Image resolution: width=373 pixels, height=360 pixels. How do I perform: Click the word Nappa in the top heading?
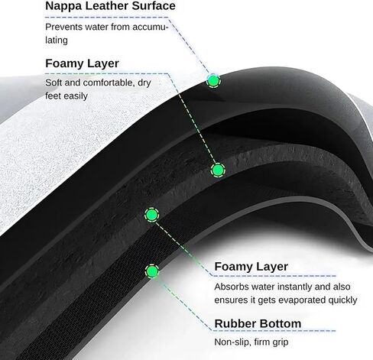click(x=63, y=6)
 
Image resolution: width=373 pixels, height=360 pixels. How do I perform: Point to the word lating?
click(x=57, y=41)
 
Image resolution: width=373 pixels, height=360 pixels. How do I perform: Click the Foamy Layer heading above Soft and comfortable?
click(x=82, y=63)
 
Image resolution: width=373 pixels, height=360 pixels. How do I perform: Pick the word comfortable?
click(x=109, y=83)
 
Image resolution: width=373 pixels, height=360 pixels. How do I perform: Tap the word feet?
click(x=53, y=96)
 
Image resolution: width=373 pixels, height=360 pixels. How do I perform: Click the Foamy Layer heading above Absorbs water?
click(x=251, y=267)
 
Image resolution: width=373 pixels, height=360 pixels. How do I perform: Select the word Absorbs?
click(x=232, y=287)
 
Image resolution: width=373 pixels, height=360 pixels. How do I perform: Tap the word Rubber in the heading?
click(x=235, y=324)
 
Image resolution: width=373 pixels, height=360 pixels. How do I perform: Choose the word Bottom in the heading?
click(x=281, y=324)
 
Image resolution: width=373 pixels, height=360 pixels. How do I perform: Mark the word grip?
click(x=281, y=342)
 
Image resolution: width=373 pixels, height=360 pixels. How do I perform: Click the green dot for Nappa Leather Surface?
click(x=213, y=81)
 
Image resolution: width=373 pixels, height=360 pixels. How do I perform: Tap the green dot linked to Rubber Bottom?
click(x=152, y=271)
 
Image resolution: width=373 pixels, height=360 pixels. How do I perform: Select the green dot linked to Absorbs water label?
click(x=152, y=215)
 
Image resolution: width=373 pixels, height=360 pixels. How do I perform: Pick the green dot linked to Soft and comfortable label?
click(x=218, y=170)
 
